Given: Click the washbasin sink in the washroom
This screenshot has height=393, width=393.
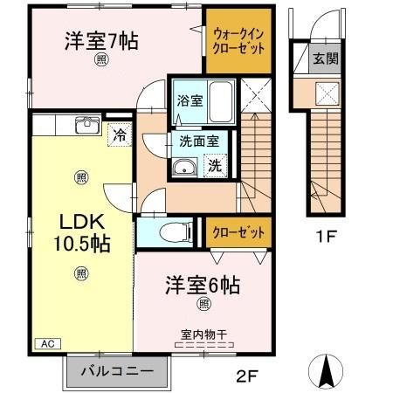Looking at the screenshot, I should coord(184,168).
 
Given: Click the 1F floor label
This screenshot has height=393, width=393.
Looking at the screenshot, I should coord(327,235).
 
